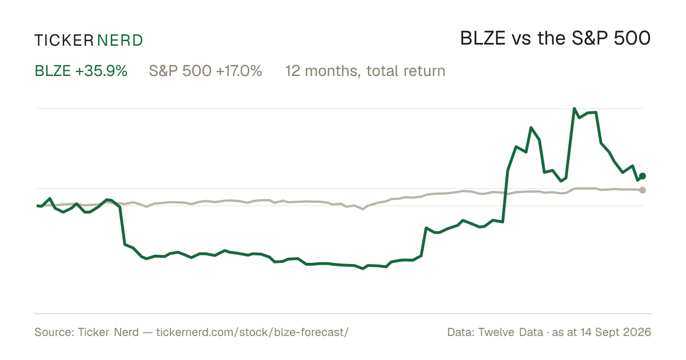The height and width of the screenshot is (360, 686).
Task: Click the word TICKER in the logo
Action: [x=64, y=41]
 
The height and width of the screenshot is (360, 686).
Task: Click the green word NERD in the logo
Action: [x=119, y=41]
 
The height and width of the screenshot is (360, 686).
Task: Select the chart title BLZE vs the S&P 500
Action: [x=555, y=39]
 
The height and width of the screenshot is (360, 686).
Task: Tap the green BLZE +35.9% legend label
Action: [x=81, y=71]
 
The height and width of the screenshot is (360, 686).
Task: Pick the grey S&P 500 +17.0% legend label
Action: [x=205, y=71]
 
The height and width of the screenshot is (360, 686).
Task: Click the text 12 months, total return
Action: [x=365, y=71]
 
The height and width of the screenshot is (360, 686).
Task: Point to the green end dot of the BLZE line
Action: [x=643, y=176]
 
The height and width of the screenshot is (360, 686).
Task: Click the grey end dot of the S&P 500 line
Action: [x=643, y=190]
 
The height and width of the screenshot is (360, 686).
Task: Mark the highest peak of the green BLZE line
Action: [x=574, y=109]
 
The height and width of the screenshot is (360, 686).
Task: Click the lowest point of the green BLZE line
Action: [x=363, y=269]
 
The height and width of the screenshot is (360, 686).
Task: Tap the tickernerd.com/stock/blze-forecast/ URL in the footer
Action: [x=252, y=332]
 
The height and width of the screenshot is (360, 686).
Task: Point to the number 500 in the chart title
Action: [x=632, y=39]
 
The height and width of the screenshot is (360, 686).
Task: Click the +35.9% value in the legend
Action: [x=101, y=71]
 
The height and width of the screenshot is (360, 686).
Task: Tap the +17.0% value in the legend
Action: [x=239, y=71]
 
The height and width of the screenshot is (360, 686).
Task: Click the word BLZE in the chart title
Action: [x=482, y=39]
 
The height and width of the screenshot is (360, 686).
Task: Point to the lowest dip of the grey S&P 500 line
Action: [x=363, y=209]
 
